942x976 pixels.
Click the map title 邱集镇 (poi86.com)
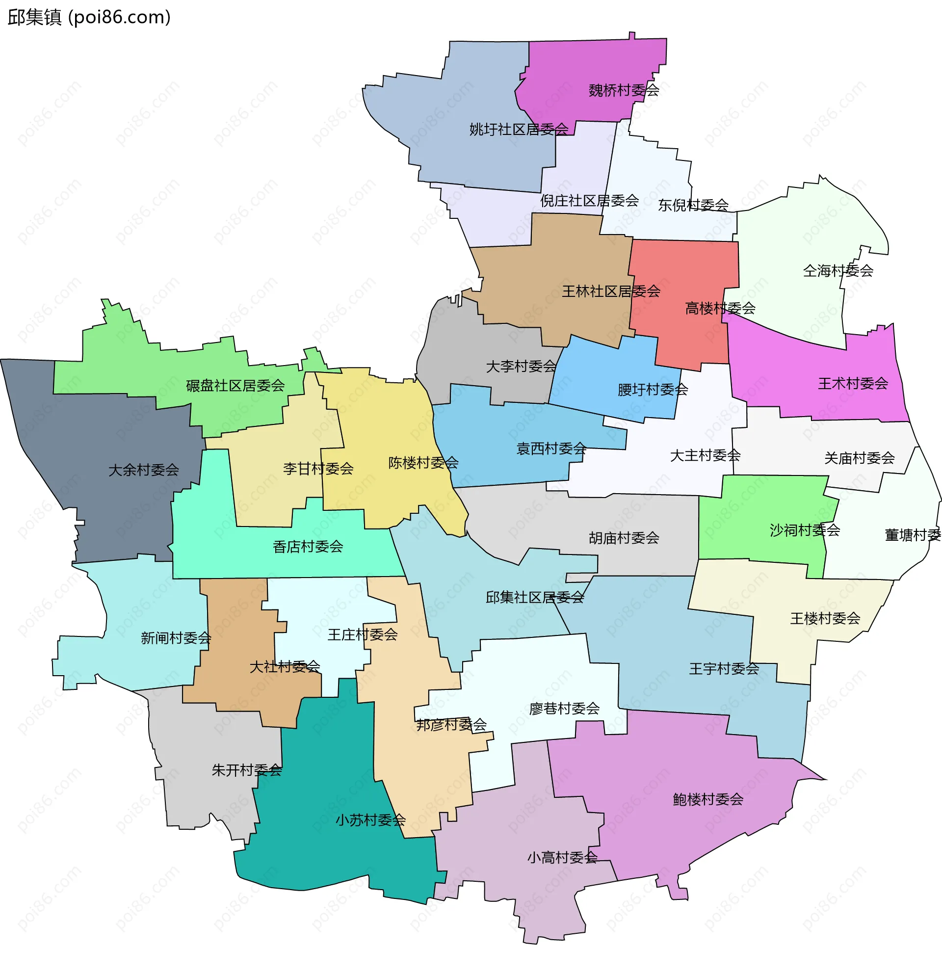click(x=90, y=18)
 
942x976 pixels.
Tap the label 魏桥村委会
click(x=624, y=90)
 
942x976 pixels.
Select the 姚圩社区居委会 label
click(x=518, y=130)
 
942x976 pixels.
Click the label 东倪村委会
click(x=693, y=205)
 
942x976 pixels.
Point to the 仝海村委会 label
click(x=838, y=271)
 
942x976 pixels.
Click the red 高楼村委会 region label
click(x=720, y=309)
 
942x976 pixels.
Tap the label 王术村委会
click(x=853, y=383)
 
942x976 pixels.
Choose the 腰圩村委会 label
click(x=652, y=390)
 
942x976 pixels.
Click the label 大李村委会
click(x=521, y=367)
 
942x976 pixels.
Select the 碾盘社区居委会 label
click(x=235, y=385)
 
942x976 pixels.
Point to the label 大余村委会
click(x=143, y=470)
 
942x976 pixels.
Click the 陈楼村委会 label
click(x=423, y=463)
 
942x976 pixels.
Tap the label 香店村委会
click(x=308, y=547)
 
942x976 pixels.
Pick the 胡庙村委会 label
click(x=624, y=538)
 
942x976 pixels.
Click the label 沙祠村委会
click(x=805, y=530)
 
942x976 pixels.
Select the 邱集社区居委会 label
click(x=534, y=598)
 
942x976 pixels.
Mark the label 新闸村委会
click(x=176, y=638)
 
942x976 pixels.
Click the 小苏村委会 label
click(x=370, y=819)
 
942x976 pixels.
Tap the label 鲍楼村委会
click(x=708, y=799)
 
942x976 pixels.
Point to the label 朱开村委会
click(x=246, y=770)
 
